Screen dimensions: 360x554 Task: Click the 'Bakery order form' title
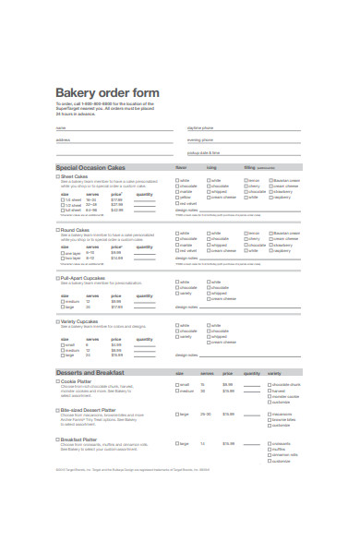107,93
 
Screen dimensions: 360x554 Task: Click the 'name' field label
61,127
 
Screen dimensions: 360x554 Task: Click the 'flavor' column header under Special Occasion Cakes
182,168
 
